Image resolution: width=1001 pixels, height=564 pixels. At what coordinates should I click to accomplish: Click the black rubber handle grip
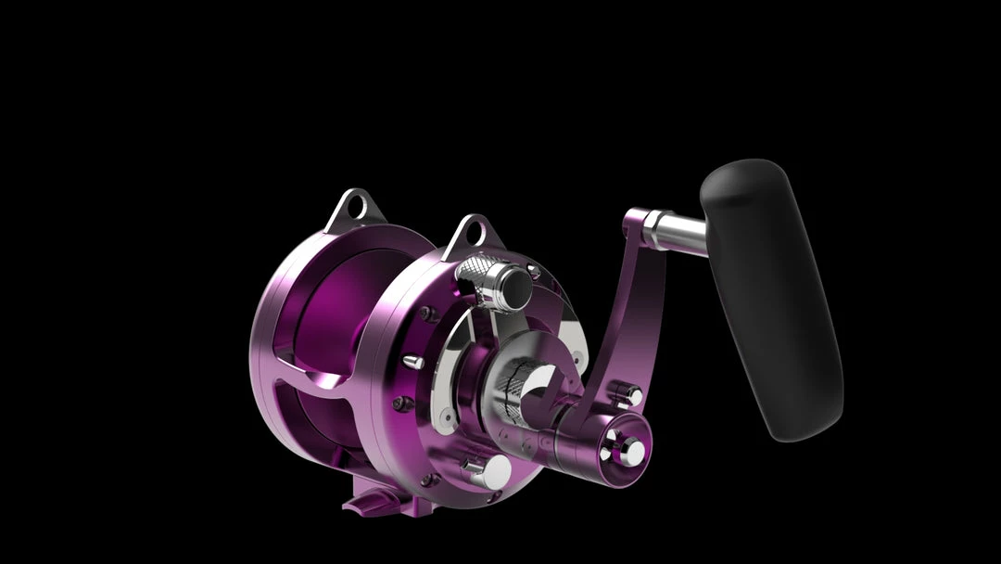click(x=771, y=297)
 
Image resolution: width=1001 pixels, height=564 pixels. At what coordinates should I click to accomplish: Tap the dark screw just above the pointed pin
click(x=424, y=314)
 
